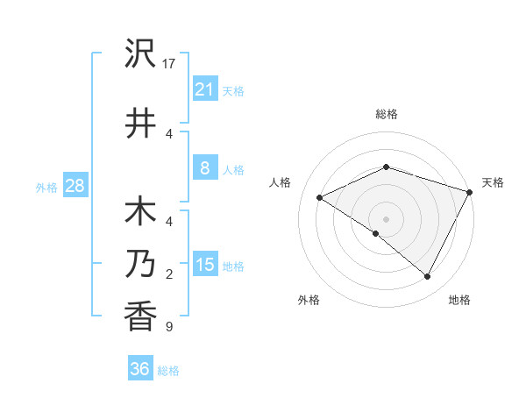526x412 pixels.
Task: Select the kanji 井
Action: (140, 124)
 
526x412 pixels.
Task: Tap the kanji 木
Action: (140, 213)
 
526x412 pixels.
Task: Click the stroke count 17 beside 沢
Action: (170, 64)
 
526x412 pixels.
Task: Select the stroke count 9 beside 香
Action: (169, 328)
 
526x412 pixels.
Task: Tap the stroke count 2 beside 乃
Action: (169, 275)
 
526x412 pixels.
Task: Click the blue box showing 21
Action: (204, 89)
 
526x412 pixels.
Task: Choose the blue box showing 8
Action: (204, 168)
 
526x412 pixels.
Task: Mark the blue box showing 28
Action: (75, 186)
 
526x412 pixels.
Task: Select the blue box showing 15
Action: (204, 265)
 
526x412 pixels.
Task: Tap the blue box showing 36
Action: (140, 369)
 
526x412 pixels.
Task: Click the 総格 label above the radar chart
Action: (386, 114)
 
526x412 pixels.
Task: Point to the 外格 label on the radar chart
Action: (309, 300)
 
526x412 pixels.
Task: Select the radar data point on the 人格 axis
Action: (320, 198)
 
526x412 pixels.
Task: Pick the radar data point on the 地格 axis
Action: (428, 277)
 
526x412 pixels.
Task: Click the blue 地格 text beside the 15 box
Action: (234, 266)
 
